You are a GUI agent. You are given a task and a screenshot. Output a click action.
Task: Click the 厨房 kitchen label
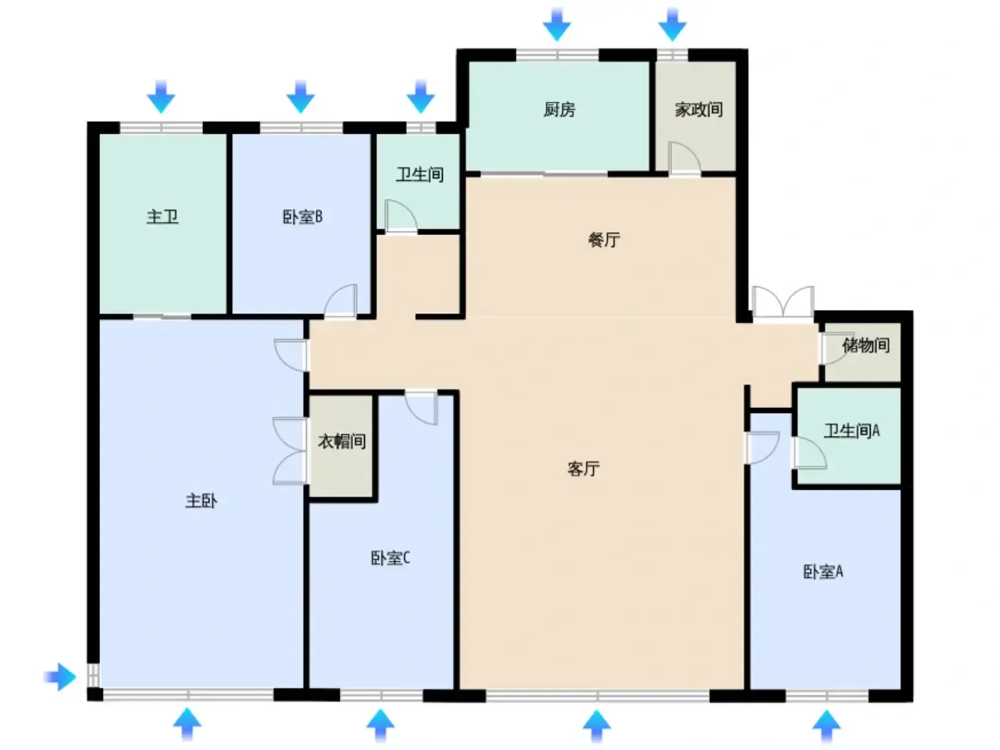pos(559,109)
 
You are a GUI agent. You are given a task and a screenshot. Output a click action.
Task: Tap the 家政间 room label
pos(699,109)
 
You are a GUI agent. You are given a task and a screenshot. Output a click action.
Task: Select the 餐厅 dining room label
pos(604,239)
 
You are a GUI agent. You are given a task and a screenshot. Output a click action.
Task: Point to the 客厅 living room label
pos(583,468)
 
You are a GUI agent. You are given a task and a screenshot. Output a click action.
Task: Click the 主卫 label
pos(162,216)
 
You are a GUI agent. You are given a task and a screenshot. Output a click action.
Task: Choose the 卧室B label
pos(303,216)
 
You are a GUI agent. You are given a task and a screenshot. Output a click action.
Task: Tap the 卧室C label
pos(391,558)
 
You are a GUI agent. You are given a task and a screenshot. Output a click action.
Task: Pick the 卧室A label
pos(823,572)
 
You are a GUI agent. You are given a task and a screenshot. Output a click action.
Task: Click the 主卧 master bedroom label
pos(201,501)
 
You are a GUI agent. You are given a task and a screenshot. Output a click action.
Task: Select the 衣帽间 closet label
pos(341,441)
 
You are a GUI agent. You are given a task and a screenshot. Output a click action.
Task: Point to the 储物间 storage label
pos(866,345)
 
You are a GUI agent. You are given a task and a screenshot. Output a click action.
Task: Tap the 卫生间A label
pos(851,431)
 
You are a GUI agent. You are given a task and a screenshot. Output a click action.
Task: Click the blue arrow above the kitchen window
pos(556,24)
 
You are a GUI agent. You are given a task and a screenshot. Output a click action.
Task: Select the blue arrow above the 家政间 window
pos(672,24)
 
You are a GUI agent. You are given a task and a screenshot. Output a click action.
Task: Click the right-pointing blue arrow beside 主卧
pos(60,677)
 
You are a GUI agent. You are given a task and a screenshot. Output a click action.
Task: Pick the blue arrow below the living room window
pos(596,726)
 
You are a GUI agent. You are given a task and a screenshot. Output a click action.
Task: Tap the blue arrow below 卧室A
pos(826,726)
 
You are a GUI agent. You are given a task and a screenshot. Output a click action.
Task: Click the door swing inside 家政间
pos(684,158)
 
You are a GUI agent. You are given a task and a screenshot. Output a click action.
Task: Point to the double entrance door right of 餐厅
pos(783,302)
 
